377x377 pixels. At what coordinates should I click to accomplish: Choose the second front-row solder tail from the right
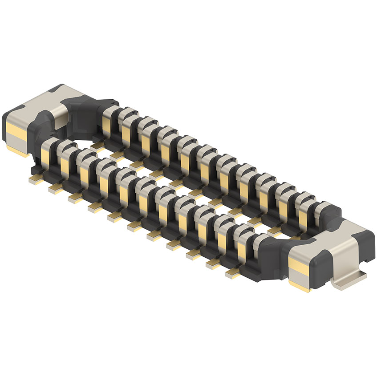pyautogui.click(x=213, y=264)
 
